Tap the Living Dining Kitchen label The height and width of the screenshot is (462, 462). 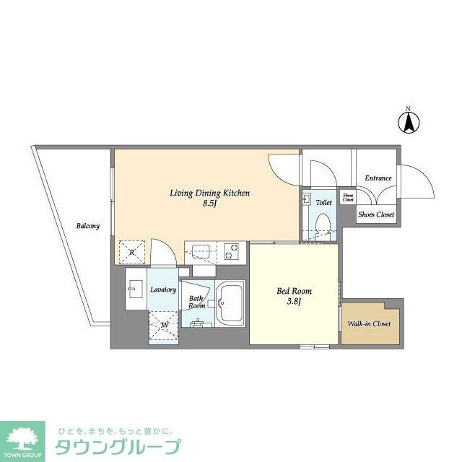(x=209, y=193)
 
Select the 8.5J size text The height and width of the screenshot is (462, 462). (x=210, y=204)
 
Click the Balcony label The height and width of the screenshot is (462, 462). (x=88, y=226)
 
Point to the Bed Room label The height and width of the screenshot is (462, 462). (x=295, y=291)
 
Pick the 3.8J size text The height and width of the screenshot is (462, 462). (x=295, y=302)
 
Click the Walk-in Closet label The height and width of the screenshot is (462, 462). (x=369, y=324)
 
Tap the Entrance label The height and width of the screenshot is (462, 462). (x=378, y=178)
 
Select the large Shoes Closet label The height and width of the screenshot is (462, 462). (x=377, y=214)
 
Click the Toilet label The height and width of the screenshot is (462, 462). (x=324, y=203)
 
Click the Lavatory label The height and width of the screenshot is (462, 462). (x=163, y=289)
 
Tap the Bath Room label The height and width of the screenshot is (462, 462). (x=197, y=302)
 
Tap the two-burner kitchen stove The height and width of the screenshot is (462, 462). (x=232, y=251)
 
